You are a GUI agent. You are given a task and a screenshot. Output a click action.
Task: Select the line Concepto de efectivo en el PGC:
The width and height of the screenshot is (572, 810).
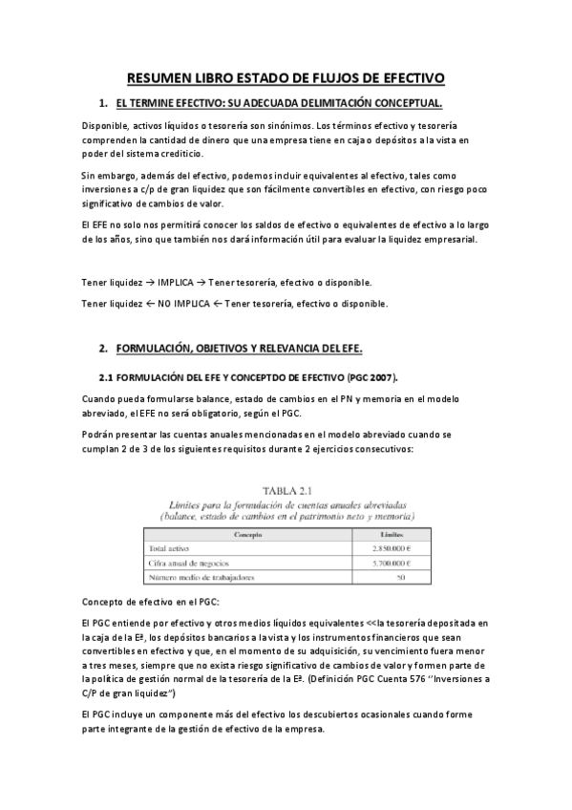151,603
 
